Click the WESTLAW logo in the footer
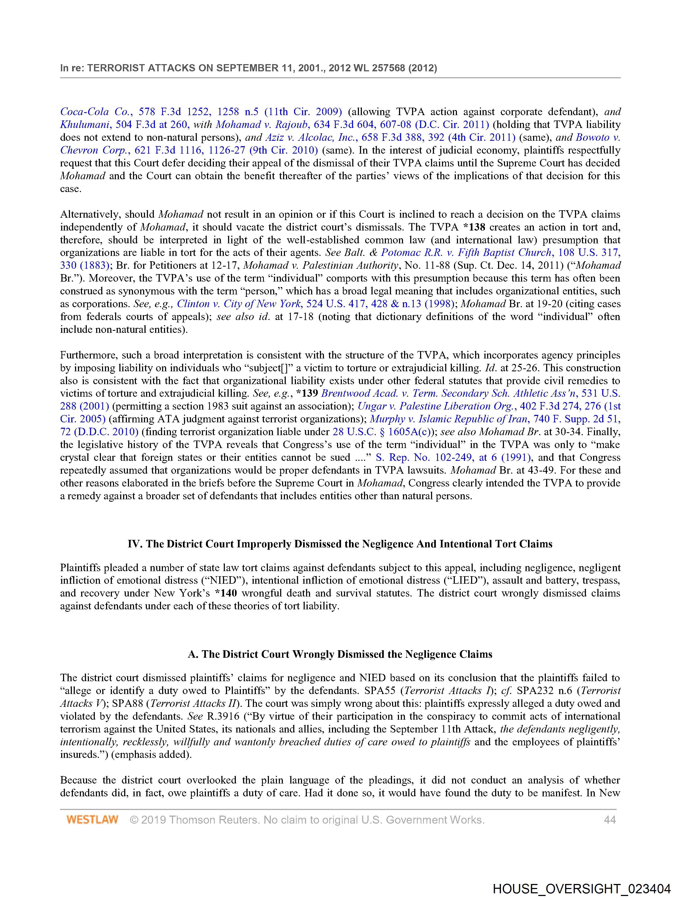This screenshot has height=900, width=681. (92, 819)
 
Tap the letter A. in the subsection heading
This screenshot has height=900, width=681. (193, 654)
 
